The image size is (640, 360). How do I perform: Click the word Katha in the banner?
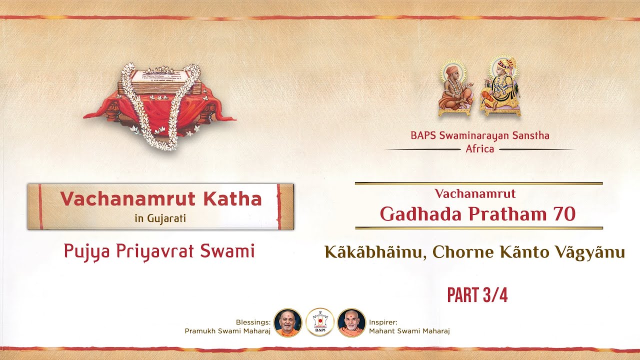click(x=233, y=199)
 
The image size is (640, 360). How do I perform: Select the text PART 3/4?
click(x=477, y=295)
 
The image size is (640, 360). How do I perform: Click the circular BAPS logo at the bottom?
click(x=319, y=322)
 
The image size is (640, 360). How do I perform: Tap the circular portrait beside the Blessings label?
click(x=287, y=322)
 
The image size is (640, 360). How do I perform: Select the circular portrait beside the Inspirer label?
click(x=351, y=322)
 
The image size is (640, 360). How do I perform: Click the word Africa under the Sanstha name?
click(x=479, y=149)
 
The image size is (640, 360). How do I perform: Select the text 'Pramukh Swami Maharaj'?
click(x=227, y=331)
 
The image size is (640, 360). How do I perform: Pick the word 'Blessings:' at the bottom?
click(x=253, y=322)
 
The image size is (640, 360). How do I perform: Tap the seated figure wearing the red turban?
click(x=500, y=87)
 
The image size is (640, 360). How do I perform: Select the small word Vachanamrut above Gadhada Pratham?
click(x=475, y=193)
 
